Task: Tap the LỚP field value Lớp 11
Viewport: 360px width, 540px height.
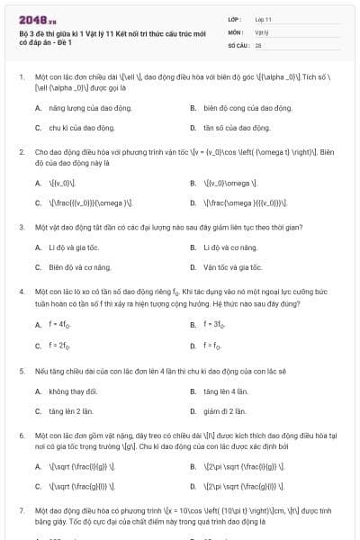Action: [x=263, y=18]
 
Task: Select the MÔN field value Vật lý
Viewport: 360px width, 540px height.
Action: [x=262, y=31]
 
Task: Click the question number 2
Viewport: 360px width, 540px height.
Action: [x=22, y=153]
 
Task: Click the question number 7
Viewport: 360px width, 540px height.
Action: [x=22, y=511]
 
